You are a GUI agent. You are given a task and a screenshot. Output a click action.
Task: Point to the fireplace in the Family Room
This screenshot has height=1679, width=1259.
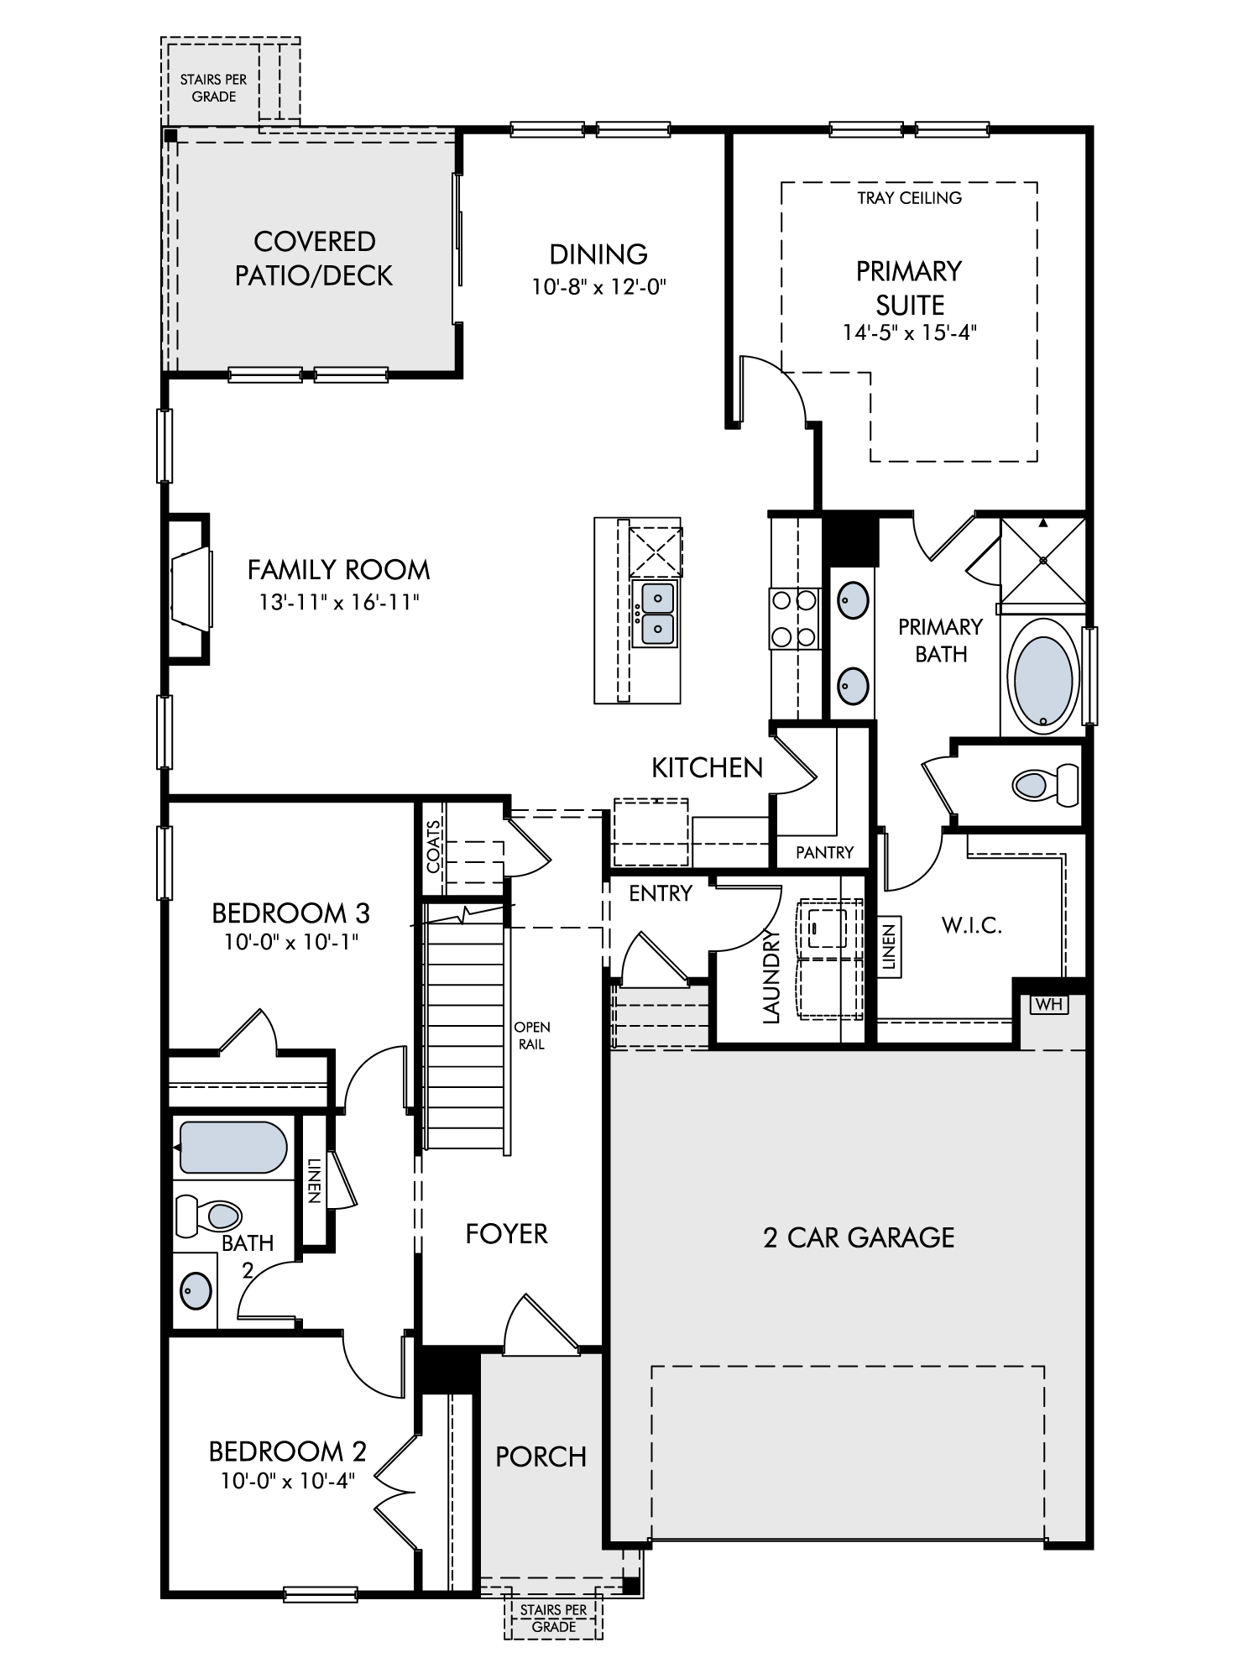tap(190, 588)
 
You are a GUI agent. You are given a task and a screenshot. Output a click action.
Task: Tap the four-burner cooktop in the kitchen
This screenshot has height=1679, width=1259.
tap(794, 619)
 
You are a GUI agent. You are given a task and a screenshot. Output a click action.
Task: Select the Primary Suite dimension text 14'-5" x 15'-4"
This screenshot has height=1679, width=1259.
tap(910, 332)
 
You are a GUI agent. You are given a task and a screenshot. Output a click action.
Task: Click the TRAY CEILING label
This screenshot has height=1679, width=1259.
tap(910, 198)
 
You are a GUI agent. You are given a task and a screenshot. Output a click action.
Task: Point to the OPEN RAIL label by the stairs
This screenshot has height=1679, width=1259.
tap(532, 1036)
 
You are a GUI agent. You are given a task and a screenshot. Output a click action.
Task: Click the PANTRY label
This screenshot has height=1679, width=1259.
tap(824, 852)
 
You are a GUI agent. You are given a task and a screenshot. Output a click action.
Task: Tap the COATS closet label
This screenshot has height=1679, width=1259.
tap(433, 846)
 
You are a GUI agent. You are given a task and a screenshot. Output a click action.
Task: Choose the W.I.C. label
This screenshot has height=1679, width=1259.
tap(972, 926)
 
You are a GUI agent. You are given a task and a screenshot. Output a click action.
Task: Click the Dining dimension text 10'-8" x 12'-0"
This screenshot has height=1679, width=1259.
tap(599, 287)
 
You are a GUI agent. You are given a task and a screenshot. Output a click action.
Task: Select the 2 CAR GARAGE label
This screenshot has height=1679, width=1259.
tap(859, 1237)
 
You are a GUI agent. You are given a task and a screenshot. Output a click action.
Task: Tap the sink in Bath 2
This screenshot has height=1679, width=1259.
tap(196, 1289)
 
